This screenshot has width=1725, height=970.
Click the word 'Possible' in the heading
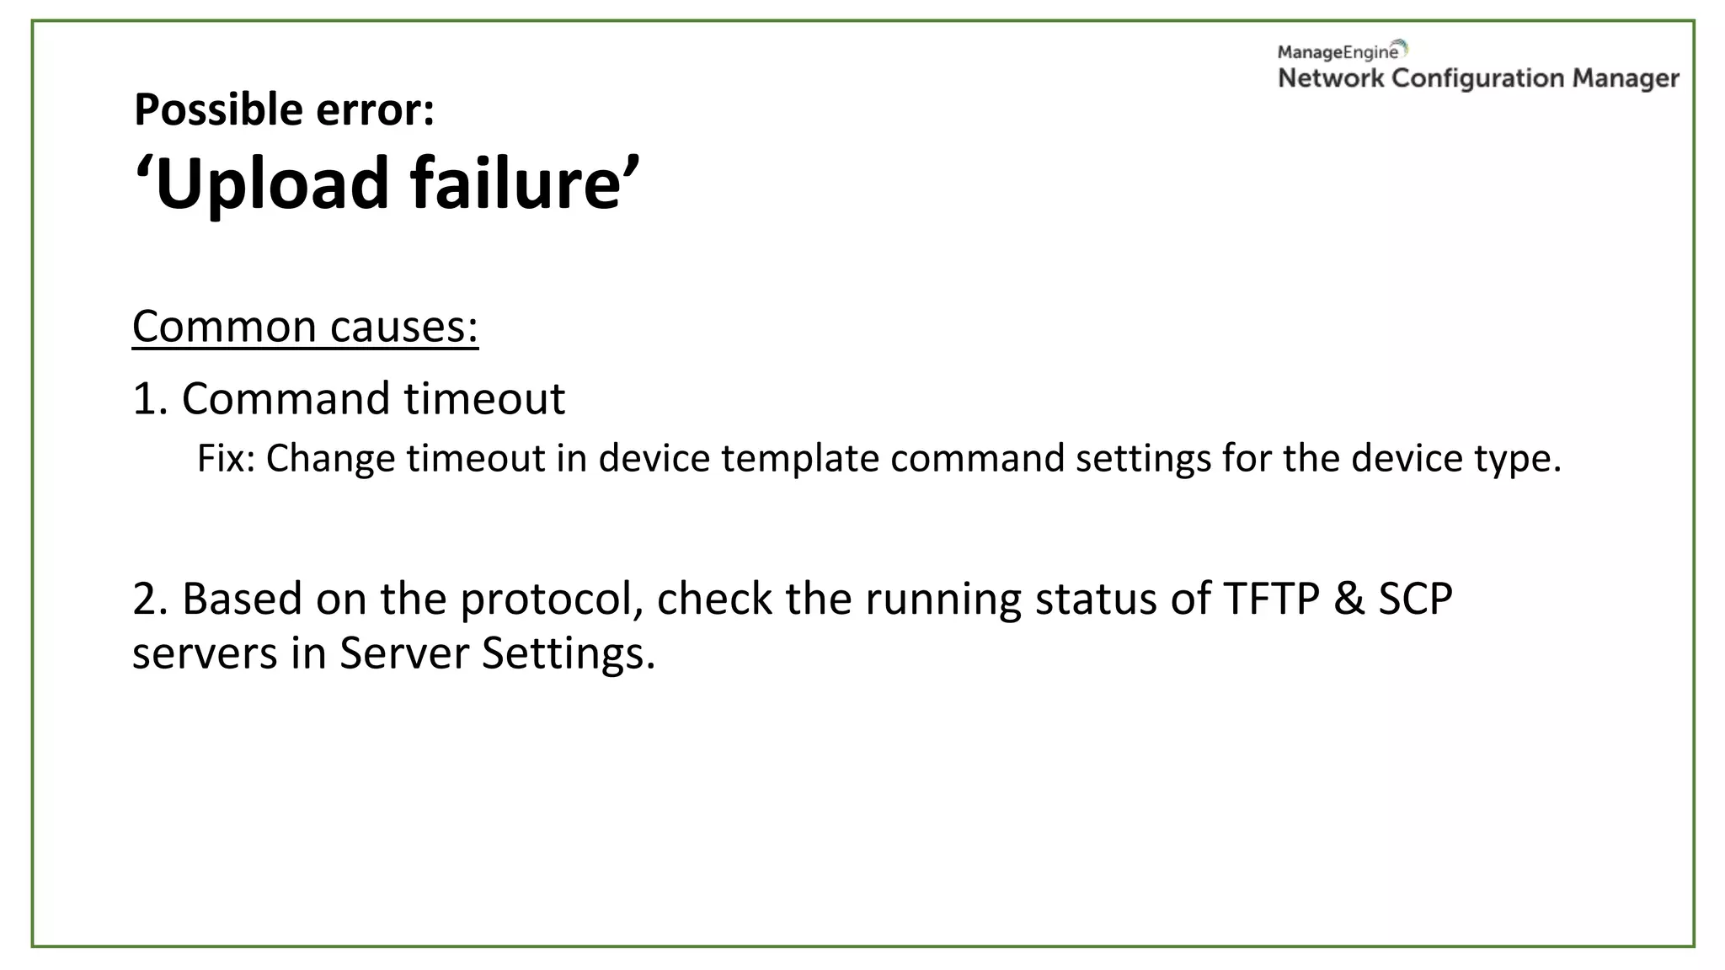tap(217, 109)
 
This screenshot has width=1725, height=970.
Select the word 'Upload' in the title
tap(271, 183)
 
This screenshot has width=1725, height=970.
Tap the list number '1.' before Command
tap(151, 398)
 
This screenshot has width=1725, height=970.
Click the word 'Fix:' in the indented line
tap(226, 459)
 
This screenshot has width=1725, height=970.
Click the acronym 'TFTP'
tap(1270, 599)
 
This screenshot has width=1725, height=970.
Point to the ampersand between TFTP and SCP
tap(1349, 599)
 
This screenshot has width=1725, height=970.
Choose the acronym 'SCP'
tap(1415, 599)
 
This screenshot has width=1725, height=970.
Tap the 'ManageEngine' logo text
tap(1338, 52)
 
